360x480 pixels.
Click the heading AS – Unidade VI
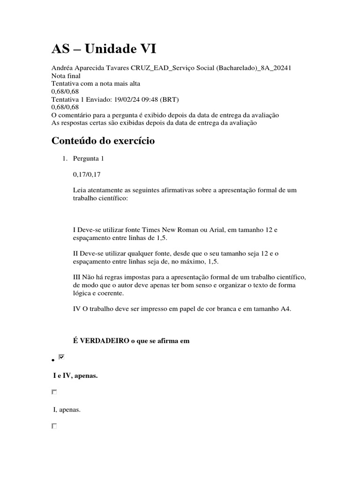point(104,49)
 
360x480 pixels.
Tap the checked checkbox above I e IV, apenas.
point(61,358)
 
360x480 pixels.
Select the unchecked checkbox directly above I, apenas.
point(54,392)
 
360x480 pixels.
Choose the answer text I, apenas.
point(67,410)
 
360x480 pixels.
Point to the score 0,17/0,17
point(87,174)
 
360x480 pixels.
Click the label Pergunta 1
point(89,158)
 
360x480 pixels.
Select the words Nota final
point(66,75)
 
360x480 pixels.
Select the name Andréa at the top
point(63,67)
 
